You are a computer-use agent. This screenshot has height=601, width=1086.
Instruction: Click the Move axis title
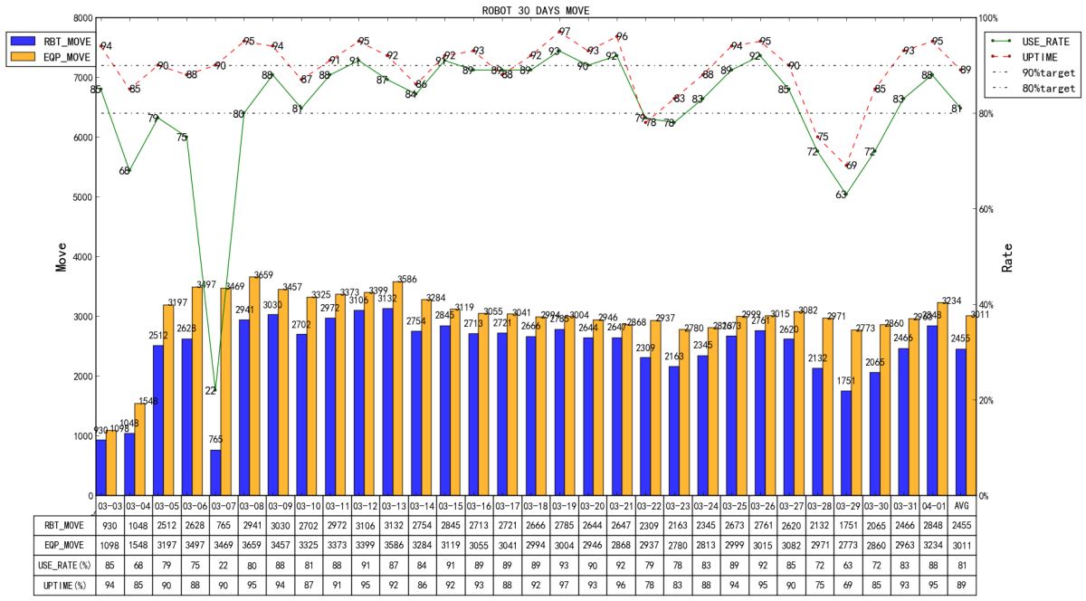[x=61, y=256]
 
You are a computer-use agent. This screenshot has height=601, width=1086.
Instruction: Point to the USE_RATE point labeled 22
[x=211, y=390]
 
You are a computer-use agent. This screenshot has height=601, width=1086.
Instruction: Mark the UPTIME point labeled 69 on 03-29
[x=851, y=166]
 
